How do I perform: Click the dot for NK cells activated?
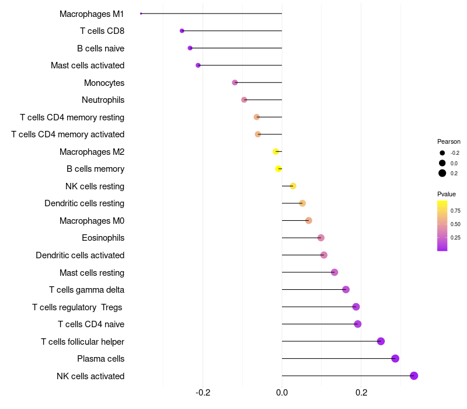[x=414, y=376]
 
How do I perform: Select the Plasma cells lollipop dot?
[x=395, y=358]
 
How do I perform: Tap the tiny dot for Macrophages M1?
[x=141, y=13]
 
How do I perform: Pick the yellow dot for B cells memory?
[x=278, y=169]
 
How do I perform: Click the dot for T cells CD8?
[x=182, y=31]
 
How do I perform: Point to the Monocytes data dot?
[x=235, y=82]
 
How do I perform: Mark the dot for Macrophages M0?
[x=309, y=221]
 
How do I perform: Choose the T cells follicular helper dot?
[x=381, y=341]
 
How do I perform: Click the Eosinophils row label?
[x=103, y=238]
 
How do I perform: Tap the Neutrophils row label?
[x=103, y=100]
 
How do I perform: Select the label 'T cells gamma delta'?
[x=86, y=290]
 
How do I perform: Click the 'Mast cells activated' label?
[x=88, y=65]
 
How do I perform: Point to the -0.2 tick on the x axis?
[x=203, y=392]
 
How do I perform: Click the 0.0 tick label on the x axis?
[x=282, y=392]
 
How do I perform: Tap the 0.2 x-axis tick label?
[x=361, y=392]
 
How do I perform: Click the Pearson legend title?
[x=448, y=141]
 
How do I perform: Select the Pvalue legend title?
[x=446, y=194]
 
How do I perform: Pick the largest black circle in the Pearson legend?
[x=442, y=173]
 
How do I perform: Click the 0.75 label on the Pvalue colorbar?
[x=455, y=211]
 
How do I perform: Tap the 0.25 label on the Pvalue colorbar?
[x=455, y=238]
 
